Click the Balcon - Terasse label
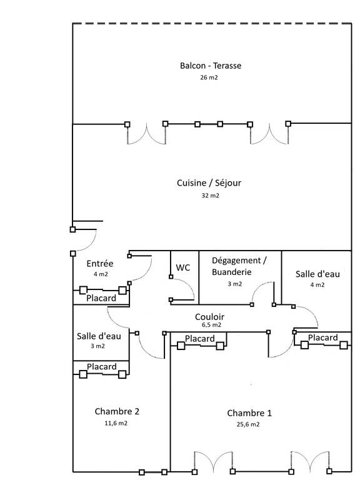211,66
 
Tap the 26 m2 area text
209,77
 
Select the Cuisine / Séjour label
209,182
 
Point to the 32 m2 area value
210,195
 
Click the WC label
183,267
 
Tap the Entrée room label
100,264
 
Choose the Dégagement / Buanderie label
239,266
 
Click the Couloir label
210,316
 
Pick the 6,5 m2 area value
211,325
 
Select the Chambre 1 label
249,413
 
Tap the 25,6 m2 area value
248,424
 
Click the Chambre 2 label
117,411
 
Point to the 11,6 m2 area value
116,423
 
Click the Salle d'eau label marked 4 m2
317,274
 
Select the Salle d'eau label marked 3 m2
99,336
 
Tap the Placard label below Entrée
101,298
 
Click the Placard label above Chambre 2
102,366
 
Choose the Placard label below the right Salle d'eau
323,337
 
